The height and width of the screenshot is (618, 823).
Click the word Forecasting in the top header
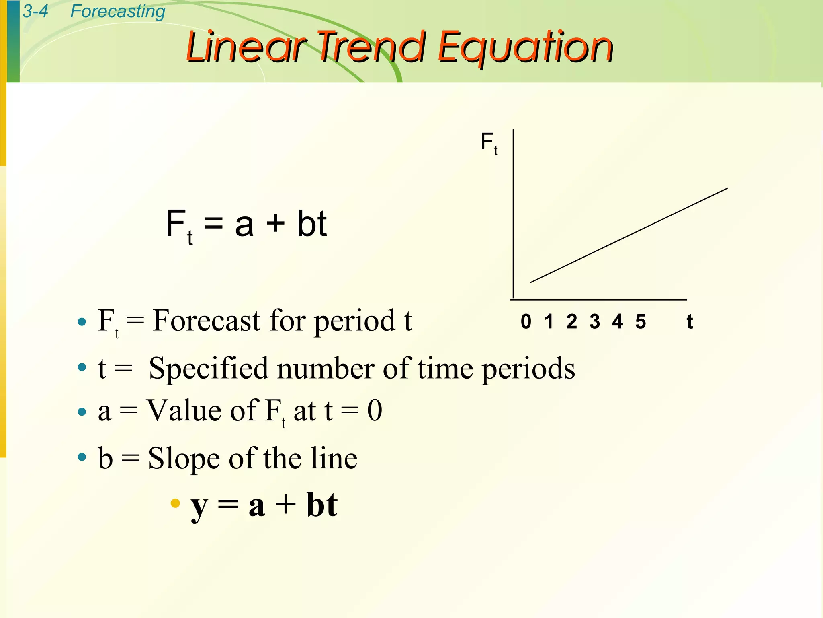(x=117, y=11)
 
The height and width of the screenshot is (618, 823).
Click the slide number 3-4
(x=35, y=11)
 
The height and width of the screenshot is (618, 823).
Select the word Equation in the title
(x=525, y=47)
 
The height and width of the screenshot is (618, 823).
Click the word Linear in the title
(x=246, y=47)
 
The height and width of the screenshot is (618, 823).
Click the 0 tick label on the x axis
(x=526, y=321)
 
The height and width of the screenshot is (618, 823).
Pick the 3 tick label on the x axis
(x=595, y=321)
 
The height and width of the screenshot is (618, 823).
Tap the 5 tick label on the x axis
(x=641, y=321)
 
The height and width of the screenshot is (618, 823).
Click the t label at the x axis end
(x=690, y=321)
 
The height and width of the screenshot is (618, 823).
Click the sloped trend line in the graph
(x=629, y=235)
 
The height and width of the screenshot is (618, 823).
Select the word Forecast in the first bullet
(x=207, y=321)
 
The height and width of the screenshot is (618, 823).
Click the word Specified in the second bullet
(x=208, y=369)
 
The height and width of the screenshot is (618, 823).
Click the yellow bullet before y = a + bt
(x=175, y=503)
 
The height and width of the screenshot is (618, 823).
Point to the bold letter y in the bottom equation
(x=199, y=506)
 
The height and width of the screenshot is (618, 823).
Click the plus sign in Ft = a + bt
(x=276, y=224)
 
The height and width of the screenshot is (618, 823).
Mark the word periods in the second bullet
(x=528, y=369)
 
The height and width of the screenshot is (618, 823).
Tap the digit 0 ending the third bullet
(x=375, y=410)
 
